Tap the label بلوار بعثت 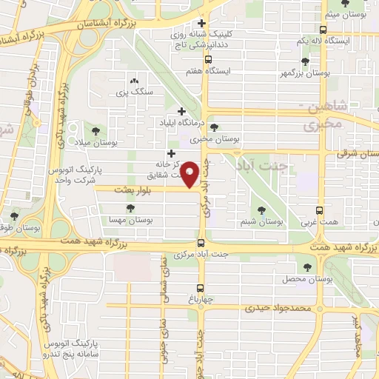pos(133,190)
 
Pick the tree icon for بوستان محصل pos(306,266)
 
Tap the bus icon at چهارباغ pos(201,289)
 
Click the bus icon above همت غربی pos(320,210)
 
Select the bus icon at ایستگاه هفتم pos(208,59)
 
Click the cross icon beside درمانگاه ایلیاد pos(181,111)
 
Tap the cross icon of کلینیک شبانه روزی pos(201,24)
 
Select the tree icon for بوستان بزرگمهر pos(305,61)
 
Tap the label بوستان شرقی pos(342,153)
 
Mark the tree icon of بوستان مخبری pos(214,127)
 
